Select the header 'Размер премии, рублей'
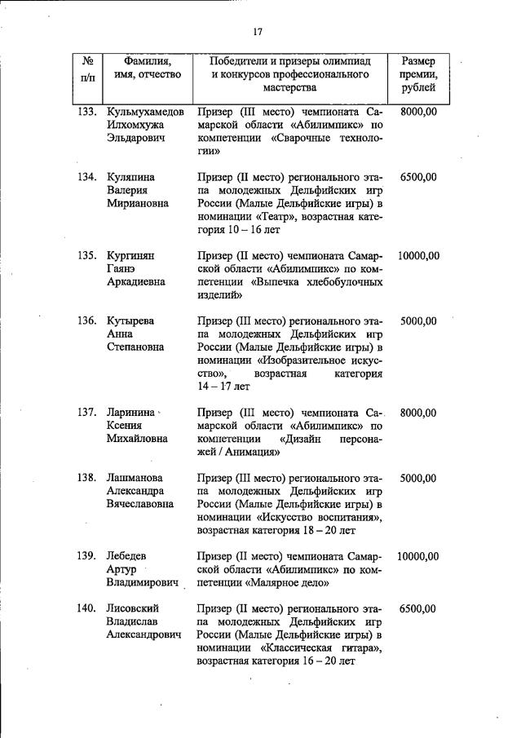[x=418, y=74]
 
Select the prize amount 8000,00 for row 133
[x=418, y=110]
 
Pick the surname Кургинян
[x=131, y=255]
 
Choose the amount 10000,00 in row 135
[x=418, y=255]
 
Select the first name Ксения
[x=126, y=425]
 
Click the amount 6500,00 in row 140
[x=418, y=608]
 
